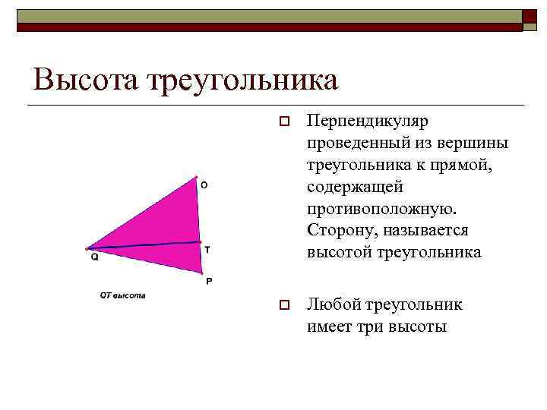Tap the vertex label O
204,184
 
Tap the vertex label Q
95,257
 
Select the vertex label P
209,280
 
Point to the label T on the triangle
207,249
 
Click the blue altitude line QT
144,244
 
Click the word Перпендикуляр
368,121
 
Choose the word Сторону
340,230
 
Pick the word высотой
337,252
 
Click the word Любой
333,305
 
